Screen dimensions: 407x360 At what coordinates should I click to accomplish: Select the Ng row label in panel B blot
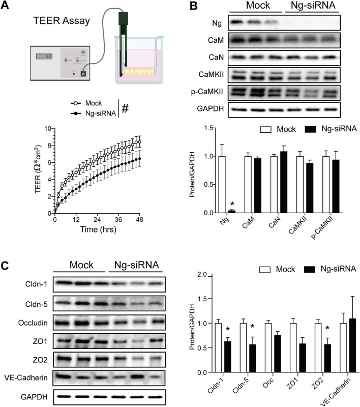coord(216,23)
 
